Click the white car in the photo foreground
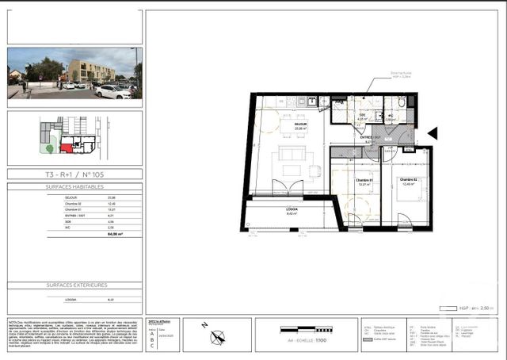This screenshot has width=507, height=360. coord(113,92)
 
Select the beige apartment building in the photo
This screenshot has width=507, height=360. coord(91,71)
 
